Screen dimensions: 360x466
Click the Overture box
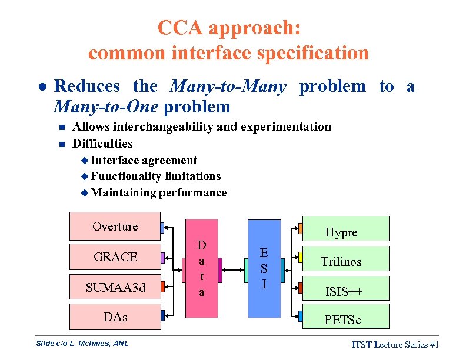tap(115, 227)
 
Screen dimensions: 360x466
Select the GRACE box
tap(115, 257)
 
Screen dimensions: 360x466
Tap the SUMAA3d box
tap(115, 287)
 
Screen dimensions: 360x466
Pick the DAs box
tap(115, 316)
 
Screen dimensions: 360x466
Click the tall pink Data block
tap(201, 268)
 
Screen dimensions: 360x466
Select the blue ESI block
tap(264, 268)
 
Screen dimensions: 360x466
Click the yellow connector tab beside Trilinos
tap(301, 258)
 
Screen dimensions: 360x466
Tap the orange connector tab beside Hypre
tap(301, 228)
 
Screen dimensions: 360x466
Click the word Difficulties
tap(102, 144)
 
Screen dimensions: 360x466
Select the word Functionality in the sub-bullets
tap(127, 176)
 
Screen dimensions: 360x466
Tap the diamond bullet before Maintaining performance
tap(85, 192)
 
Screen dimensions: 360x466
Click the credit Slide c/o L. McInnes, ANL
tap(82, 343)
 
